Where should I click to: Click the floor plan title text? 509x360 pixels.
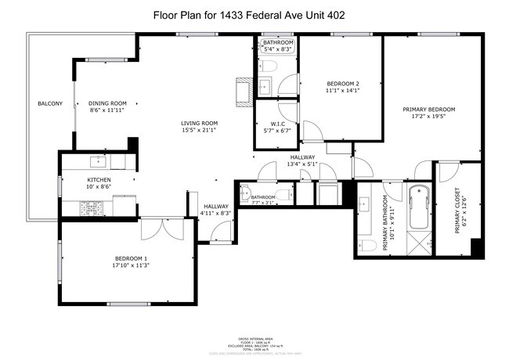coord(254,14)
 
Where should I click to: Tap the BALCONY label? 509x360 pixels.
coord(50,104)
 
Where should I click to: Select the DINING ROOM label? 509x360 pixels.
coord(107,103)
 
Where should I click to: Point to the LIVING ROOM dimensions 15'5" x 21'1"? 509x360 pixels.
coord(199,130)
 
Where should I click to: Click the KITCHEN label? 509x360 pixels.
coord(99,181)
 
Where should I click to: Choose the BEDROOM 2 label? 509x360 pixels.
coord(342,84)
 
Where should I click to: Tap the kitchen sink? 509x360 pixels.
coord(99,162)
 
